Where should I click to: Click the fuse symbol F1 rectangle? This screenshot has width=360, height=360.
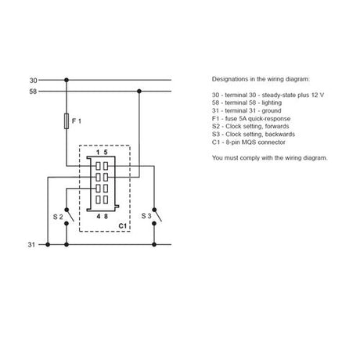[x=67, y=121]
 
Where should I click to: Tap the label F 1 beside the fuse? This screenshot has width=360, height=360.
[x=77, y=121]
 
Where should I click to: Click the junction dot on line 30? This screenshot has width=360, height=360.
[x=67, y=80]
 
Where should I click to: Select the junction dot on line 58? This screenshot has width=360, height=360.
[x=139, y=92]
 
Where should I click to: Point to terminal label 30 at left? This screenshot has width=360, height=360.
[x=33, y=81]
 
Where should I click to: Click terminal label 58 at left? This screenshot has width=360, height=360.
[x=33, y=92]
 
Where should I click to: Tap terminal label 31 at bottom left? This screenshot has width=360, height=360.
[x=31, y=245]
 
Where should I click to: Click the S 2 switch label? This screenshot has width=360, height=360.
[x=58, y=217]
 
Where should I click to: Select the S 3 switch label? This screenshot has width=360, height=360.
[x=146, y=216]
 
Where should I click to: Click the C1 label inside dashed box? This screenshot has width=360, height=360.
[x=122, y=226]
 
